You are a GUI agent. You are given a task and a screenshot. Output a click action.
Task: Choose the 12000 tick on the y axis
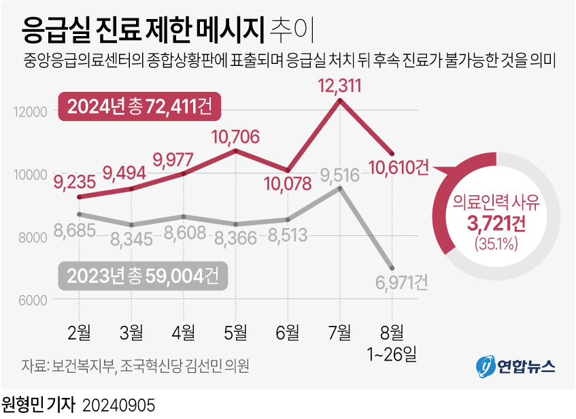tap(29, 112)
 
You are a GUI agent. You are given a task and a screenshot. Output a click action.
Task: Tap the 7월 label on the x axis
tap(339, 332)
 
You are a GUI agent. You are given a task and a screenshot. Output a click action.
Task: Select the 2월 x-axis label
tap(80, 332)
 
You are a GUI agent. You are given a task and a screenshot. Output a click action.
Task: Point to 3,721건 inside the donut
tap(496, 222)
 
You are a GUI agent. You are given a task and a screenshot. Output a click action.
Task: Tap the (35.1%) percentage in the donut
tap(496, 242)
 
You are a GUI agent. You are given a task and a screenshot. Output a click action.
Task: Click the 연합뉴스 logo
tap(514, 366)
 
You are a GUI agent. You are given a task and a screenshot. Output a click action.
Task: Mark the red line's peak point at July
tap(339, 101)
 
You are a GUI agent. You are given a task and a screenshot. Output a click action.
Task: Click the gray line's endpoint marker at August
tap(391, 267)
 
